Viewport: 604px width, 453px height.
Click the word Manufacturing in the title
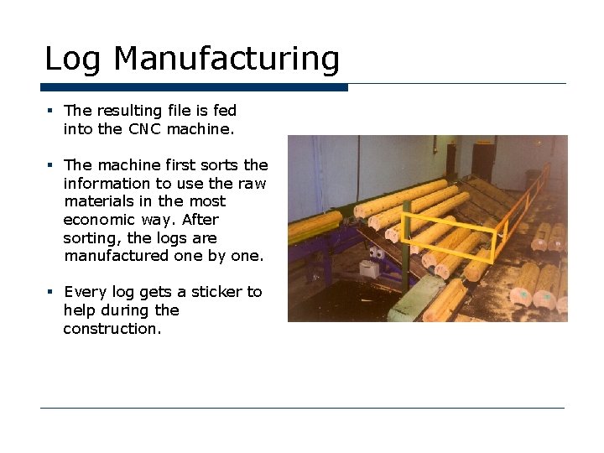[226, 60]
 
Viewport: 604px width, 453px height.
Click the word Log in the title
[74, 60]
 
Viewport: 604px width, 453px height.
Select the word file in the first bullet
[182, 111]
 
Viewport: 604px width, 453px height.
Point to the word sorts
[221, 165]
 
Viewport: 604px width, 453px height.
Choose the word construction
[111, 329]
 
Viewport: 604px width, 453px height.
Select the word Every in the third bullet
[84, 292]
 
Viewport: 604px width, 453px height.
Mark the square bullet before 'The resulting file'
[50, 110]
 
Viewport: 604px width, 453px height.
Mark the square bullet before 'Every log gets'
[50, 291]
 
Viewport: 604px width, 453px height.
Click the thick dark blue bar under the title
[194, 87]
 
